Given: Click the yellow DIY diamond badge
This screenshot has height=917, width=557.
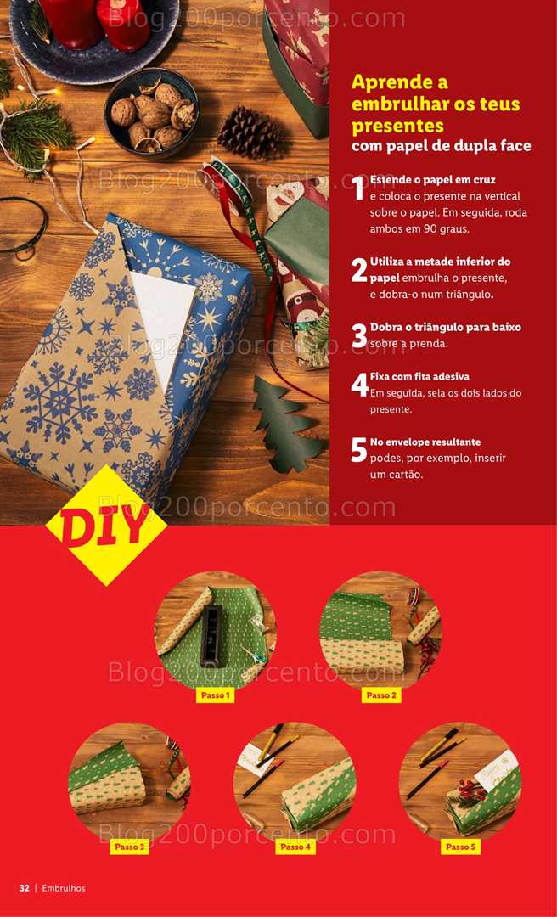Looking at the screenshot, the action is tap(106, 526).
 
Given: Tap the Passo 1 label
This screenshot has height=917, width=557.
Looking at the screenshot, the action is tap(215, 695).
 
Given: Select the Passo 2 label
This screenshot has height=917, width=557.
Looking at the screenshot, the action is tap(381, 695).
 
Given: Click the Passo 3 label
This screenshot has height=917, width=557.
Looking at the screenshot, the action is tap(129, 847).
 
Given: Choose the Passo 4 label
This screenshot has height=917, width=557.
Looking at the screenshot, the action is tap(295, 847).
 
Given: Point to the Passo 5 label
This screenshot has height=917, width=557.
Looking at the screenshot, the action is tap(460, 847).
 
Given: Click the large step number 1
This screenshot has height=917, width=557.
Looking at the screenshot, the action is tap(359, 188).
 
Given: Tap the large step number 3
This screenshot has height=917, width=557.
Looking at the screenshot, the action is tap(359, 335).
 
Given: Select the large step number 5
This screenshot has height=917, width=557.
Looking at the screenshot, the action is tap(359, 450).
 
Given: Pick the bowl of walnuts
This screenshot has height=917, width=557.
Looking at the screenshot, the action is tap(151, 113).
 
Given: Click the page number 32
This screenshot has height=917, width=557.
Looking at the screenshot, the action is tap(24, 888).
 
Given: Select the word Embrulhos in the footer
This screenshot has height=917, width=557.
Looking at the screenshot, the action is tap(64, 888).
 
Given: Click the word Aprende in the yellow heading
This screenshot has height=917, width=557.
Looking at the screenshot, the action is tap(400, 82).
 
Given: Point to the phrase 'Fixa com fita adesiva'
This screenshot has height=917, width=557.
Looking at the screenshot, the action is tap(419, 377).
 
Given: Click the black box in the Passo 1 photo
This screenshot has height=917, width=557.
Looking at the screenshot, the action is tap(211, 636).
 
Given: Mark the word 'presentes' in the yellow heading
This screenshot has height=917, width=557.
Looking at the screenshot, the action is tap(398, 127).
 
